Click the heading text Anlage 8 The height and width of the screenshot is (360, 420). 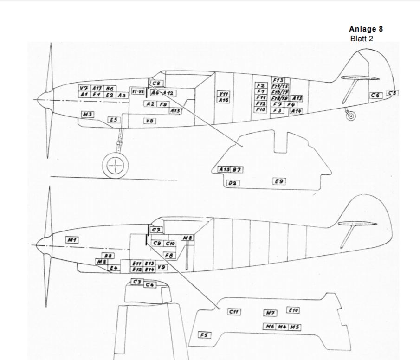[366, 29]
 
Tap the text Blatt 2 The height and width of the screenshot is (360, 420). [362, 39]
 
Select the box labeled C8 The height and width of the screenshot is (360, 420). [156, 84]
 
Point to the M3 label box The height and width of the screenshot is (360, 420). [88, 114]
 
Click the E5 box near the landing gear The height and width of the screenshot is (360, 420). [114, 120]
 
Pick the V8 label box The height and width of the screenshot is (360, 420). [149, 121]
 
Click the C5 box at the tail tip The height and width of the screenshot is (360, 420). [392, 93]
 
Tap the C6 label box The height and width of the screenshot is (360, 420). [375, 95]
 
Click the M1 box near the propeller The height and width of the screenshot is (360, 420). [71, 239]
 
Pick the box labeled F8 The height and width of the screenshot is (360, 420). [169, 255]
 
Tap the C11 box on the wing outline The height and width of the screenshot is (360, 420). [234, 311]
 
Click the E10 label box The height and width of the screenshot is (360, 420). [293, 310]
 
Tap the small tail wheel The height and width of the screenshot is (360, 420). [351, 116]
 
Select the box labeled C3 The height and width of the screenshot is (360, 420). [137, 282]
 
